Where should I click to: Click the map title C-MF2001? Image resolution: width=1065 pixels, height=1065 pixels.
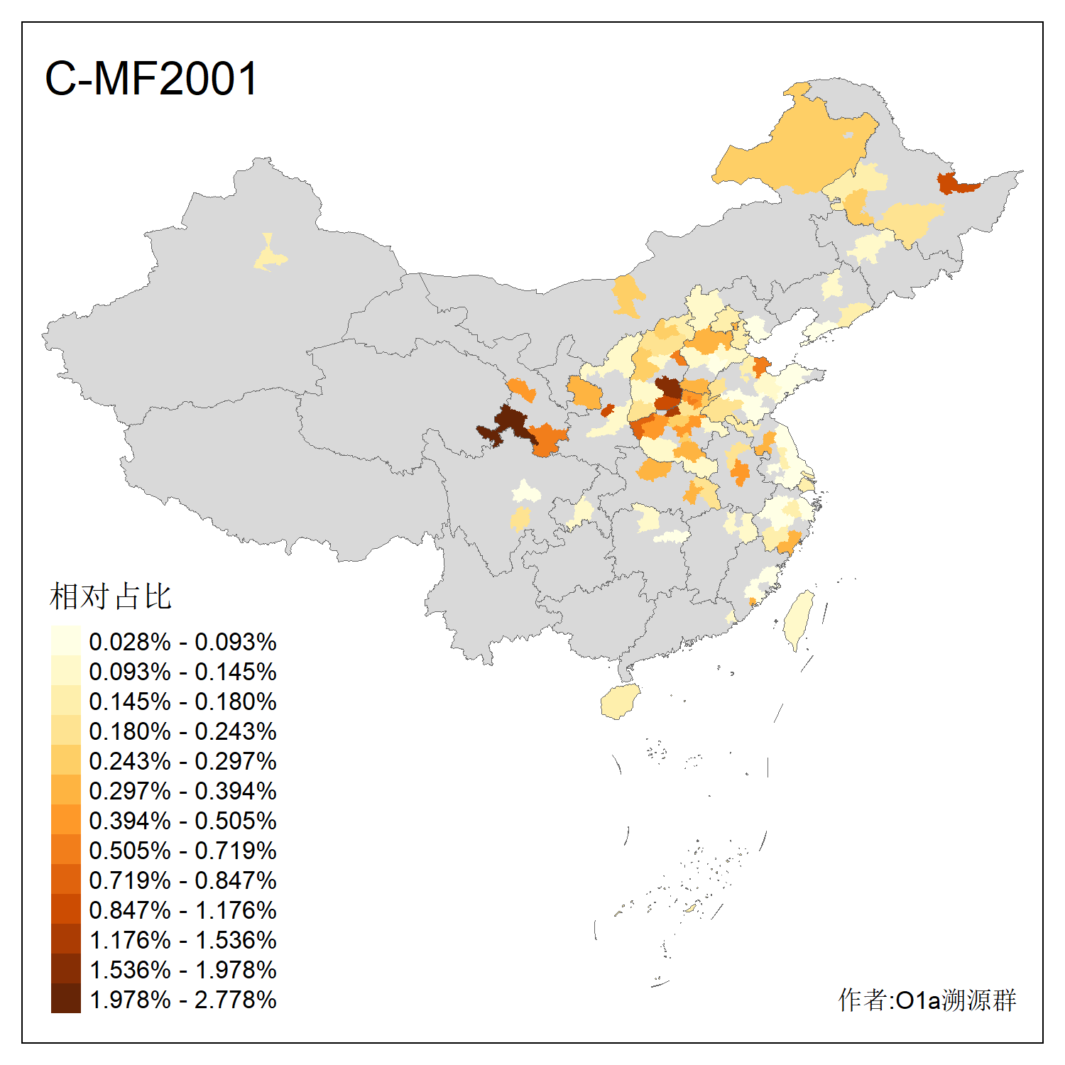point(151,78)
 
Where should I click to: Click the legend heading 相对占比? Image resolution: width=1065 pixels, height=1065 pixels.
point(110,596)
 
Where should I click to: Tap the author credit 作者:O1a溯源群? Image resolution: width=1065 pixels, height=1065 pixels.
point(927,1000)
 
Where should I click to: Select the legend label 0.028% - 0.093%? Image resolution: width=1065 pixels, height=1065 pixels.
point(182,642)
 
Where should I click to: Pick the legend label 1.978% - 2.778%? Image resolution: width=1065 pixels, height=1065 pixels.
point(182,1000)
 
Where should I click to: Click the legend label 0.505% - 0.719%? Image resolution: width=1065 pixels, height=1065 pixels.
point(182,851)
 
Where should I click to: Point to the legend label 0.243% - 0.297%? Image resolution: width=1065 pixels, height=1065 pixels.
point(182,761)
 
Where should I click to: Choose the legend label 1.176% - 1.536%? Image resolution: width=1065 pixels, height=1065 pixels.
point(182,940)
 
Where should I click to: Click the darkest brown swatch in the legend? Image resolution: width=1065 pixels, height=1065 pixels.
point(65,998)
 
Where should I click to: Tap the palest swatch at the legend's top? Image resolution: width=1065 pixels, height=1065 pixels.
point(65,640)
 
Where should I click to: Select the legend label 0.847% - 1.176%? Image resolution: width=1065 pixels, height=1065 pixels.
point(182,910)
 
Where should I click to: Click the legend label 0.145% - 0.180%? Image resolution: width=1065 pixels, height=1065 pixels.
point(182,701)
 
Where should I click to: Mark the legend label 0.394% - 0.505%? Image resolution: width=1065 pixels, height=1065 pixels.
point(182,821)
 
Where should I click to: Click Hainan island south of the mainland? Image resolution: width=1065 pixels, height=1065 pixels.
point(620,701)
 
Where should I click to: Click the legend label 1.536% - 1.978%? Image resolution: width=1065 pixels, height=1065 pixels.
point(182,970)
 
